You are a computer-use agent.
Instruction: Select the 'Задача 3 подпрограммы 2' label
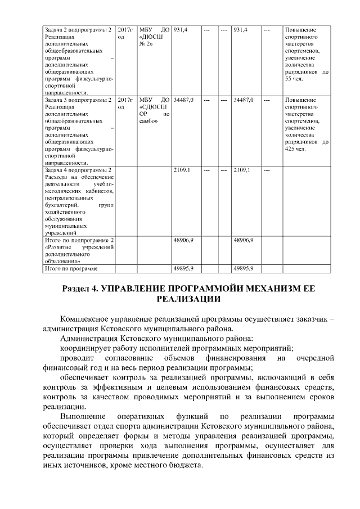pyautogui.click(x=78, y=100)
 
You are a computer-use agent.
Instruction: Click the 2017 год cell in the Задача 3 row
pyautogui.click(x=126, y=103)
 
